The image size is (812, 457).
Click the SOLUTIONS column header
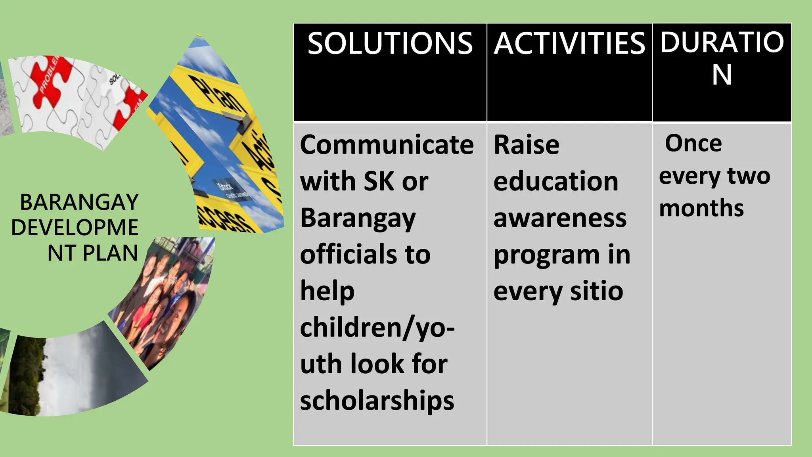pyautogui.click(x=390, y=43)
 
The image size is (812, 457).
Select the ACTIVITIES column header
pyautogui.click(x=569, y=43)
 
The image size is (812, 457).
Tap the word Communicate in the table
pyautogui.click(x=387, y=145)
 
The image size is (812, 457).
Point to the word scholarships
pyautogui.click(x=377, y=400)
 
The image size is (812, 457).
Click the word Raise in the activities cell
pyautogui.click(x=526, y=145)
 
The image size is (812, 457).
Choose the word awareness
pyautogui.click(x=560, y=218)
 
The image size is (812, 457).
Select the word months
pyautogui.click(x=701, y=208)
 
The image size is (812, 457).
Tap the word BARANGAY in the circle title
pyautogui.click(x=79, y=202)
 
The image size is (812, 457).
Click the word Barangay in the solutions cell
pyautogui.click(x=358, y=219)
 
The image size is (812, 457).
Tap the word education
pyautogui.click(x=555, y=181)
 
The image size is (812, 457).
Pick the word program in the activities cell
pyautogui.click(x=546, y=255)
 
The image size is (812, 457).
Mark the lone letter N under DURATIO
pyautogui.click(x=722, y=75)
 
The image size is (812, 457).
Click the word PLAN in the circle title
pyautogui.click(x=110, y=253)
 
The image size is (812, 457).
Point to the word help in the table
pyautogui.click(x=327, y=292)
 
